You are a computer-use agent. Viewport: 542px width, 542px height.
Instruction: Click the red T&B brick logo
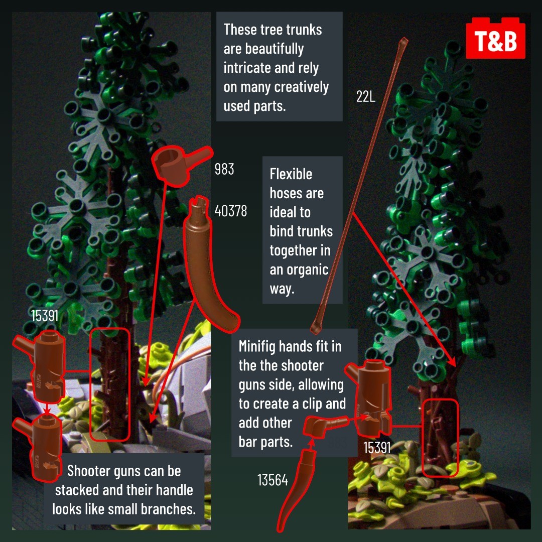495,39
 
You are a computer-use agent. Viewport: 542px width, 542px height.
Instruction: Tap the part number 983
224,169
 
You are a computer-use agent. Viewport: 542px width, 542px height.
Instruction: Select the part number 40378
230,210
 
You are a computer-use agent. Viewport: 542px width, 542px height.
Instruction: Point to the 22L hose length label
366,96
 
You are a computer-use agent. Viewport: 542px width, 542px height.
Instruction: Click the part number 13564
273,480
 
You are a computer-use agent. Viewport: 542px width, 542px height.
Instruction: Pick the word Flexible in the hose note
291,174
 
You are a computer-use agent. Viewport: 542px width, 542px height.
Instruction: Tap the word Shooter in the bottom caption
88,471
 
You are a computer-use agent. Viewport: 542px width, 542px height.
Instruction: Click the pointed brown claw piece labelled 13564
297,491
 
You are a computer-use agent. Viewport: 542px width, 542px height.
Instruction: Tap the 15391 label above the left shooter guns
45,316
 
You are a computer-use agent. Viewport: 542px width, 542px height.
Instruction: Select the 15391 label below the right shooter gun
377,448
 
